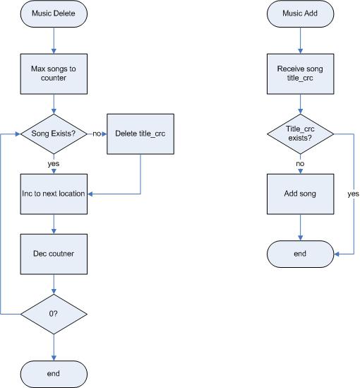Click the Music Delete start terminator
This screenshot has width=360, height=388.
coord(54,13)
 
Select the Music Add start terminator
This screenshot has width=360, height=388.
coord(300,13)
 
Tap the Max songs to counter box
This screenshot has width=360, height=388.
coord(54,74)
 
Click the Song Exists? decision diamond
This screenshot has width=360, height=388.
coord(54,134)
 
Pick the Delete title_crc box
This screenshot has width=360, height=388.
coord(140,134)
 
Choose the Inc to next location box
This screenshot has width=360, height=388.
coord(54,194)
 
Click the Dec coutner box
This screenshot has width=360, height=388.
coord(54,254)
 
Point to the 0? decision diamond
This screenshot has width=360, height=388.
coord(54,314)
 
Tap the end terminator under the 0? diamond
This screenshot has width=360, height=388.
coord(54,374)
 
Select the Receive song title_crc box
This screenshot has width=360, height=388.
coord(300,74)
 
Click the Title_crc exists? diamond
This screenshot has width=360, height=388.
coord(300,134)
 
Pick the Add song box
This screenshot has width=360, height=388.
coord(300,194)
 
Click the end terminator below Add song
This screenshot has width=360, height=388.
coord(300,254)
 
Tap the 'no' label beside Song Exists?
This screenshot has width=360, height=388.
coord(97,134)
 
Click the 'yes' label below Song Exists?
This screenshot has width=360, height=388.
coord(54,163)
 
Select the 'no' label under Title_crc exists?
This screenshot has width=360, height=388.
coord(300,163)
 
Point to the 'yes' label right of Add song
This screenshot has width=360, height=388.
coord(354,194)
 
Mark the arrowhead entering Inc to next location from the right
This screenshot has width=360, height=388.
coord(90,194)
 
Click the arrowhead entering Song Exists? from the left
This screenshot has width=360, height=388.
coord(18,134)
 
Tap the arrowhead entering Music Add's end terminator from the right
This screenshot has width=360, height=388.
coord(337,254)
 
